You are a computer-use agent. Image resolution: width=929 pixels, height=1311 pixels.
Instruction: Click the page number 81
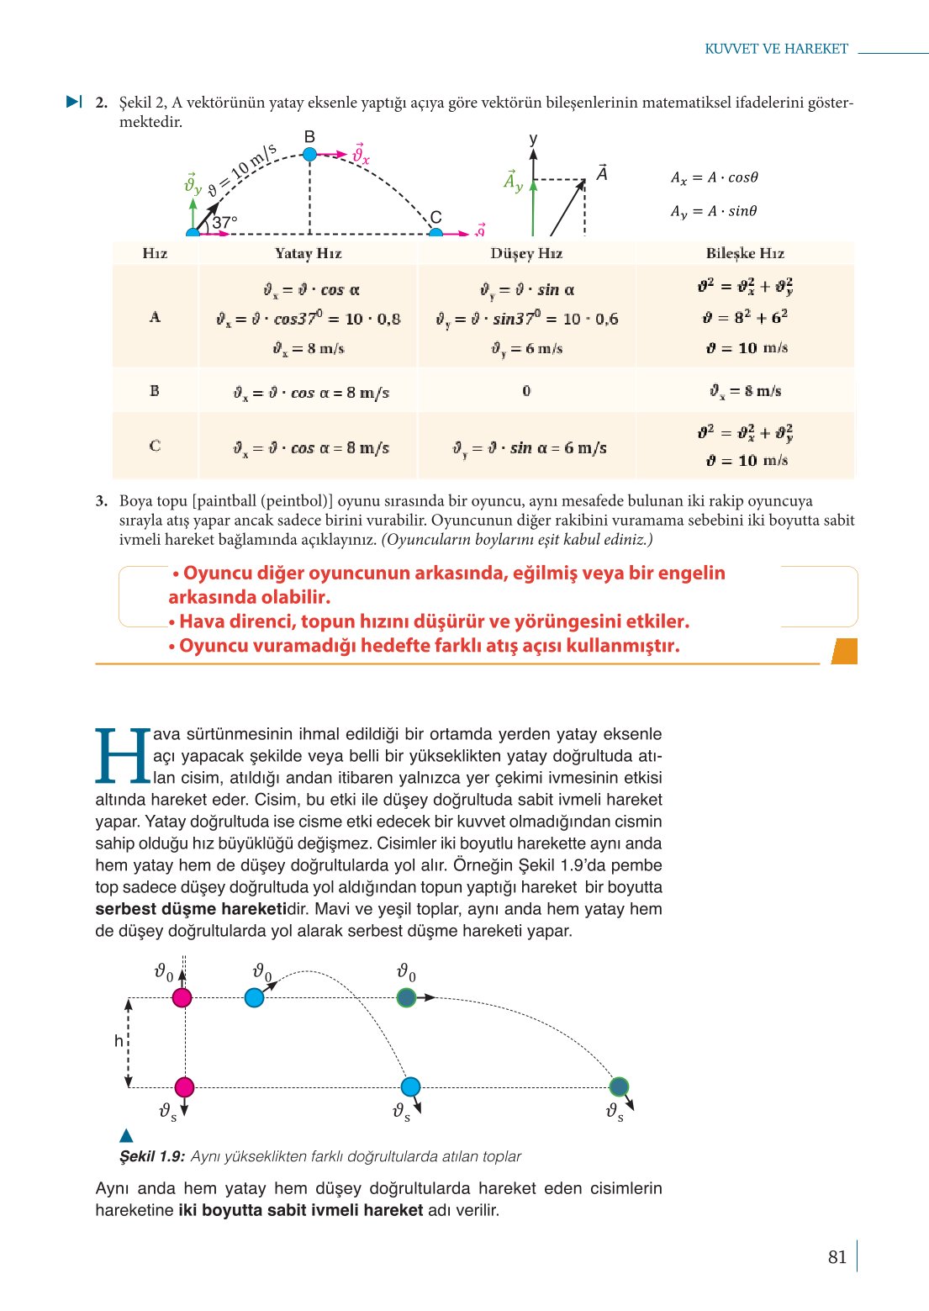tap(837, 1256)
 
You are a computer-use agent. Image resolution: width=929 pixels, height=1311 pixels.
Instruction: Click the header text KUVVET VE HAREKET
tap(776, 49)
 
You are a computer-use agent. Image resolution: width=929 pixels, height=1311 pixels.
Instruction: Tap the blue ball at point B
tap(309, 154)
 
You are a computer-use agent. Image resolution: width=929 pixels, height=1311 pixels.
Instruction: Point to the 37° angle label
tap(224, 223)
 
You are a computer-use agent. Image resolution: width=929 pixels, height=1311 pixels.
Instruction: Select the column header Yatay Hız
tap(308, 253)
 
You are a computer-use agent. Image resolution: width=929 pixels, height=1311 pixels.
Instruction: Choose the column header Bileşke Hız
tap(745, 253)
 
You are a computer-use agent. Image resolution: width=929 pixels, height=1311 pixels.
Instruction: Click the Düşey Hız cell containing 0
tap(526, 391)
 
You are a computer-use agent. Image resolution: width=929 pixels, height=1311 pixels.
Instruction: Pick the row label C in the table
tap(155, 446)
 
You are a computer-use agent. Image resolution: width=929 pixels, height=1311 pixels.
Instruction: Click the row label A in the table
tap(155, 317)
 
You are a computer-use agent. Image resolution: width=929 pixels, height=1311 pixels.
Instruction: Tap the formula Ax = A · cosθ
tap(714, 177)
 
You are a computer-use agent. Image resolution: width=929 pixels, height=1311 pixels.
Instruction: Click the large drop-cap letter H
tap(123, 756)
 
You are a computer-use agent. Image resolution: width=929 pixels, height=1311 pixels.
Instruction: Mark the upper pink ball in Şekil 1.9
tap(182, 997)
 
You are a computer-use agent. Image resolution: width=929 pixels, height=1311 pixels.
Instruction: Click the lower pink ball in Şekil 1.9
tap(184, 1086)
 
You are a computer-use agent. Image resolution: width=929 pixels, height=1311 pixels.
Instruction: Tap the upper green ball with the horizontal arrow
tap(406, 997)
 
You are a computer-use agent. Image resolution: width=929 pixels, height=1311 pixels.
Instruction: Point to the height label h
tap(119, 1041)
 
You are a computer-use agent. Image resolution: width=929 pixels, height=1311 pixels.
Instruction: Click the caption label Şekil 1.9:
tap(151, 1156)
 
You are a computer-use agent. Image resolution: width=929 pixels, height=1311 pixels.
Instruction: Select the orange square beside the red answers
tap(844, 651)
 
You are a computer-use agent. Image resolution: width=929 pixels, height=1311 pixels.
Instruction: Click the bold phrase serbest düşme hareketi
tap(191, 909)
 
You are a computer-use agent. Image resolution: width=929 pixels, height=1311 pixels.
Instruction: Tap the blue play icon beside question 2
tap(74, 102)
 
